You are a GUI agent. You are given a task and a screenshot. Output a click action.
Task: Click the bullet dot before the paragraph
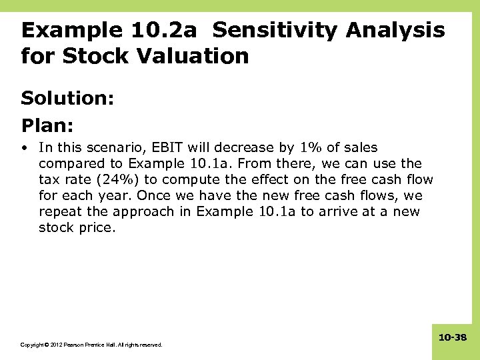click(24, 148)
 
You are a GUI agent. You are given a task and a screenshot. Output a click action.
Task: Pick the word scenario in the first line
click(103, 147)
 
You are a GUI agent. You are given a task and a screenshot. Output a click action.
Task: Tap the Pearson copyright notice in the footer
click(91, 345)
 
